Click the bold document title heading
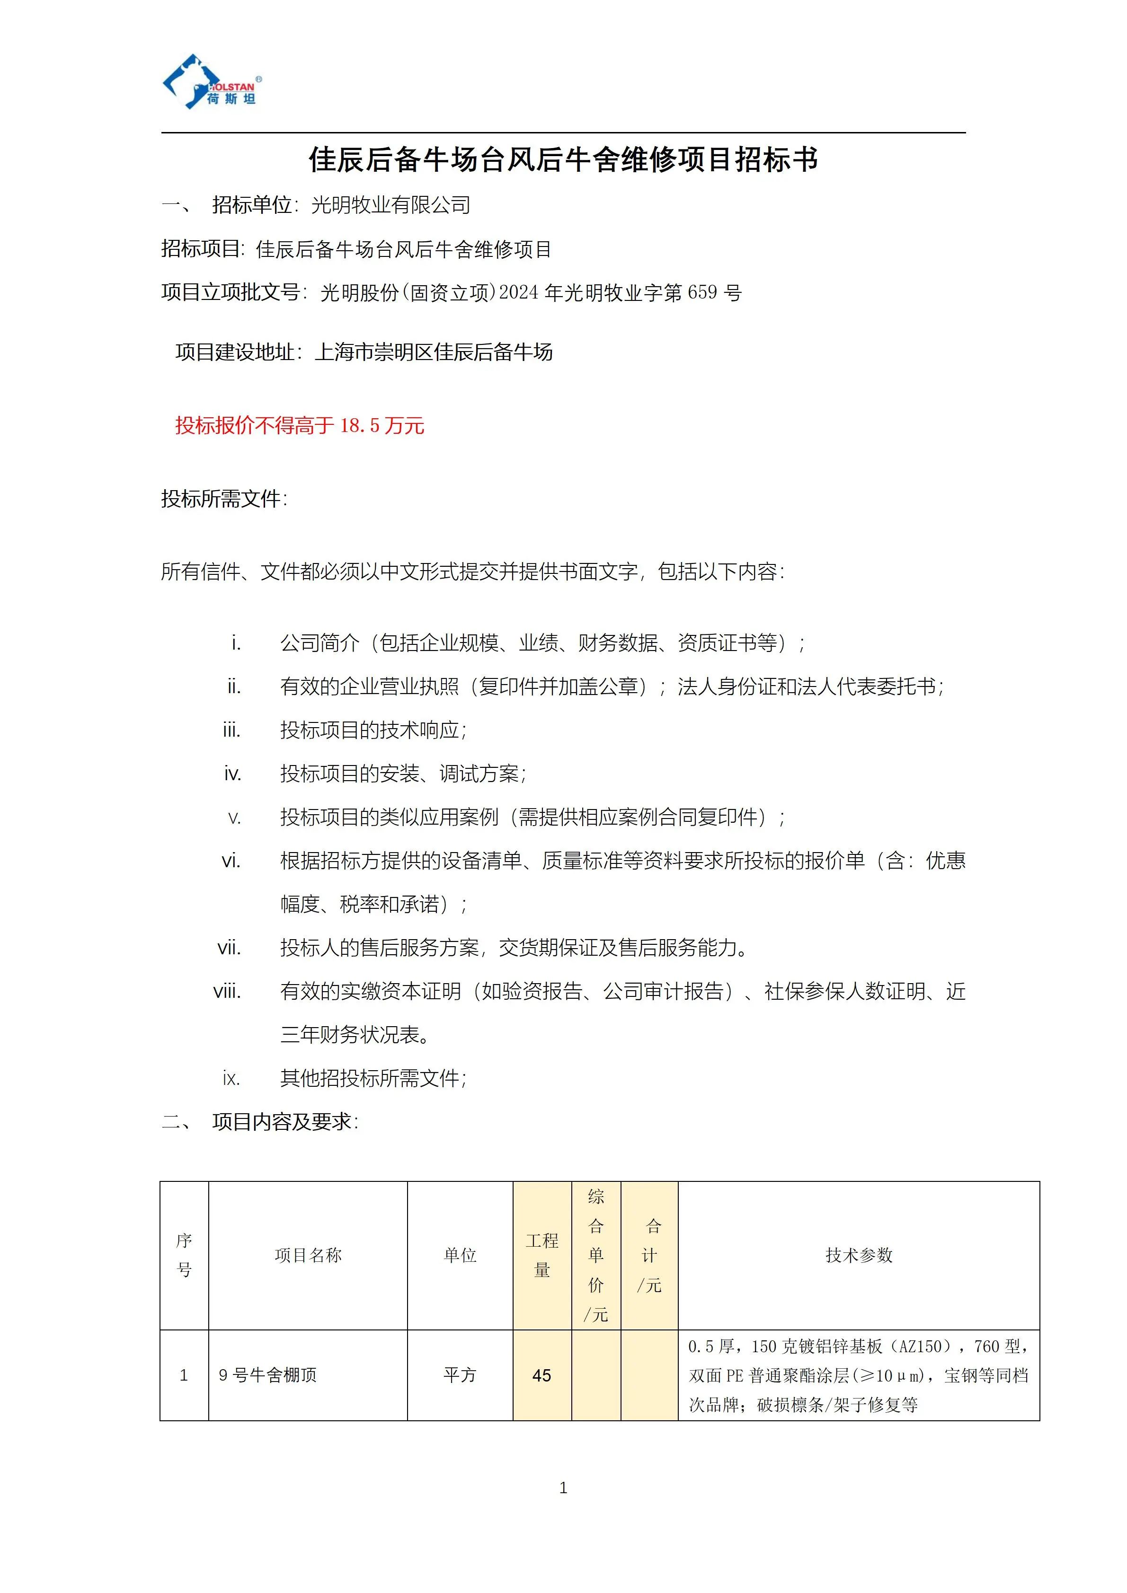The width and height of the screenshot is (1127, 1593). pyautogui.click(x=563, y=159)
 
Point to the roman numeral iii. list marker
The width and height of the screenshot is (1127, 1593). pyautogui.click(x=231, y=730)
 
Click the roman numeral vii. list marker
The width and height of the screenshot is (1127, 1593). pyautogui.click(x=229, y=948)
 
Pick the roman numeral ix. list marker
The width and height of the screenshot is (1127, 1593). pyautogui.click(x=231, y=1078)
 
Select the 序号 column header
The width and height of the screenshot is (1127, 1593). pyautogui.click(x=184, y=1255)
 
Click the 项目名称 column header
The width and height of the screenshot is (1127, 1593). pyautogui.click(x=308, y=1255)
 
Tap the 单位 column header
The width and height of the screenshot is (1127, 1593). pyautogui.click(x=460, y=1255)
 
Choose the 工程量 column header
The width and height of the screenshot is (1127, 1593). pyautogui.click(x=542, y=1255)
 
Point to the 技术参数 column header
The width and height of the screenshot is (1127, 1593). pyautogui.click(x=859, y=1255)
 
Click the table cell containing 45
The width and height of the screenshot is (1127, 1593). pyautogui.click(x=542, y=1375)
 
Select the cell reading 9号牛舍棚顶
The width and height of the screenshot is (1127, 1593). pyautogui.click(x=268, y=1375)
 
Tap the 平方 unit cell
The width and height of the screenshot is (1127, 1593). pyautogui.click(x=460, y=1375)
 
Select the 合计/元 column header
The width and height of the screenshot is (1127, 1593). pyautogui.click(x=649, y=1255)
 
